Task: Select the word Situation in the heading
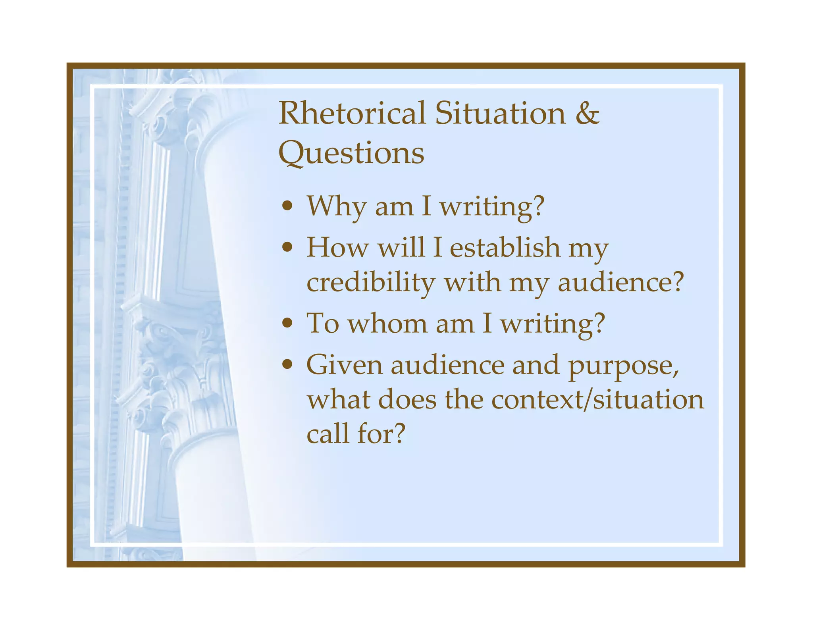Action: click(x=500, y=113)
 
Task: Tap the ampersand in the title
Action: click(x=587, y=113)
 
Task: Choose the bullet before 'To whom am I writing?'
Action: click(x=287, y=323)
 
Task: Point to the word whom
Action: click(x=387, y=324)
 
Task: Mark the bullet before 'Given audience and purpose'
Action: click(x=287, y=364)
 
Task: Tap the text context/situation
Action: click(x=597, y=399)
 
